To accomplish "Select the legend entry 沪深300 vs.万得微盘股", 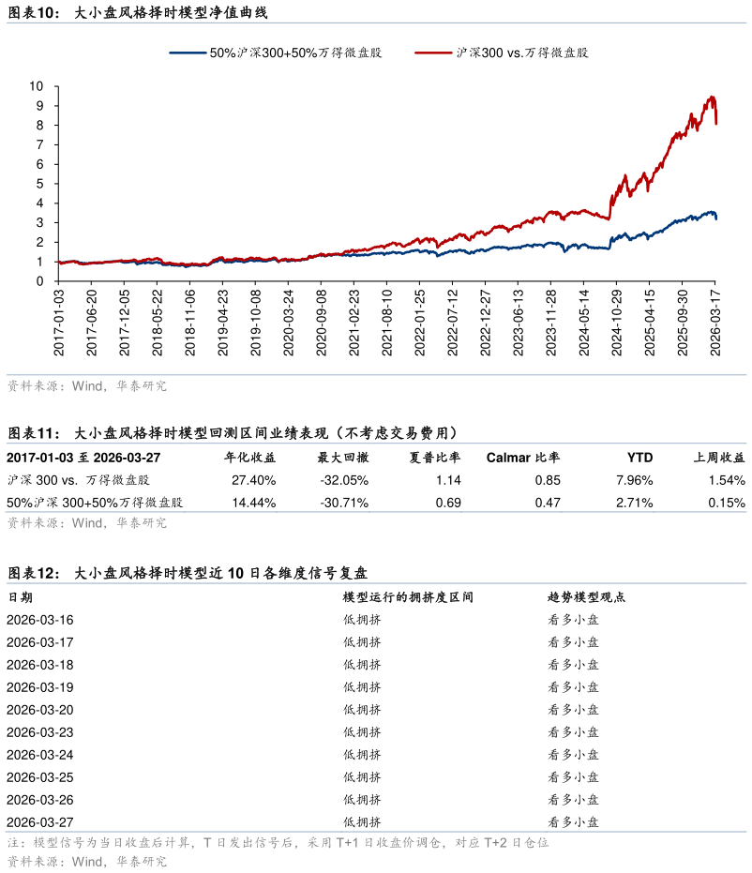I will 521,53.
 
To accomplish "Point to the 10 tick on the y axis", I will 37,85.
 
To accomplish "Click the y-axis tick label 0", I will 40,281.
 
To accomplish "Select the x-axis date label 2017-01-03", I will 59,323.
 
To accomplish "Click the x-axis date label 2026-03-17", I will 715,323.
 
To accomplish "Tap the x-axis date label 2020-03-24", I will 289,323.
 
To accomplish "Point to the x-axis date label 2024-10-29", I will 617,323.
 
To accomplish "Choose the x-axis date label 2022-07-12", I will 453,323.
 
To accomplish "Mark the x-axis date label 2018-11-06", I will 190,323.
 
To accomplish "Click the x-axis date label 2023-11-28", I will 551,323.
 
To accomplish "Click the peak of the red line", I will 713,97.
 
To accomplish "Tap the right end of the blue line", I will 716,218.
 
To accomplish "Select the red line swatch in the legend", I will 433,53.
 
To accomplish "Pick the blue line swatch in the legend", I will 188,53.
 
